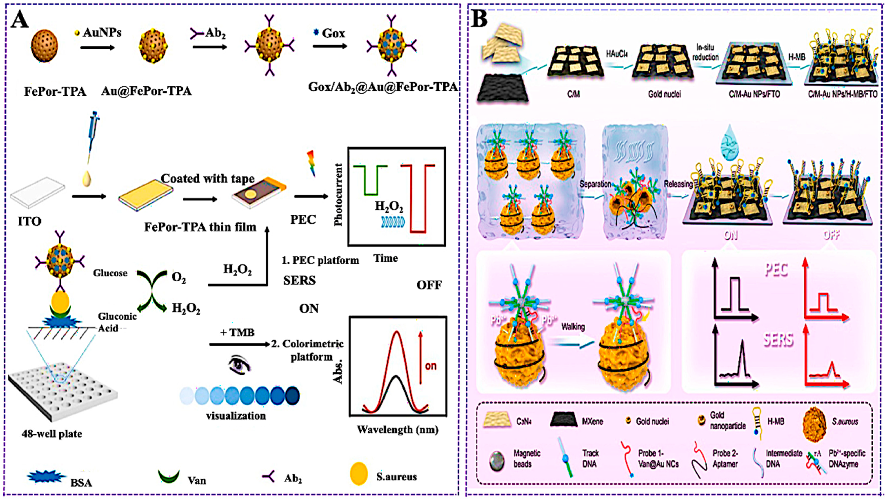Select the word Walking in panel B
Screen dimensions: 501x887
(573, 326)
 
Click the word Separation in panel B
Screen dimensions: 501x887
(595, 184)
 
